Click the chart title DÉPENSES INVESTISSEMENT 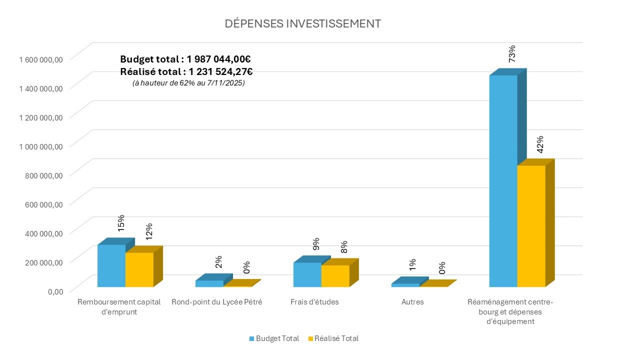[302, 23]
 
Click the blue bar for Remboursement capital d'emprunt [111, 265]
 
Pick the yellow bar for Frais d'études [335, 276]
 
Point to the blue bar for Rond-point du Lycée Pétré [209, 283]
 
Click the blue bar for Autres [405, 285]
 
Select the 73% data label [511, 53]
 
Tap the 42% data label [539, 144]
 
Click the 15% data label [120, 223]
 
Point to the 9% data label [316, 243]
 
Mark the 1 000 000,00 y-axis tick [41, 146]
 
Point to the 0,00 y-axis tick [55, 291]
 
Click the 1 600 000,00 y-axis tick [41, 59]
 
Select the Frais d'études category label [314, 302]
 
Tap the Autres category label [412, 302]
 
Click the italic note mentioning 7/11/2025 [188, 83]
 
